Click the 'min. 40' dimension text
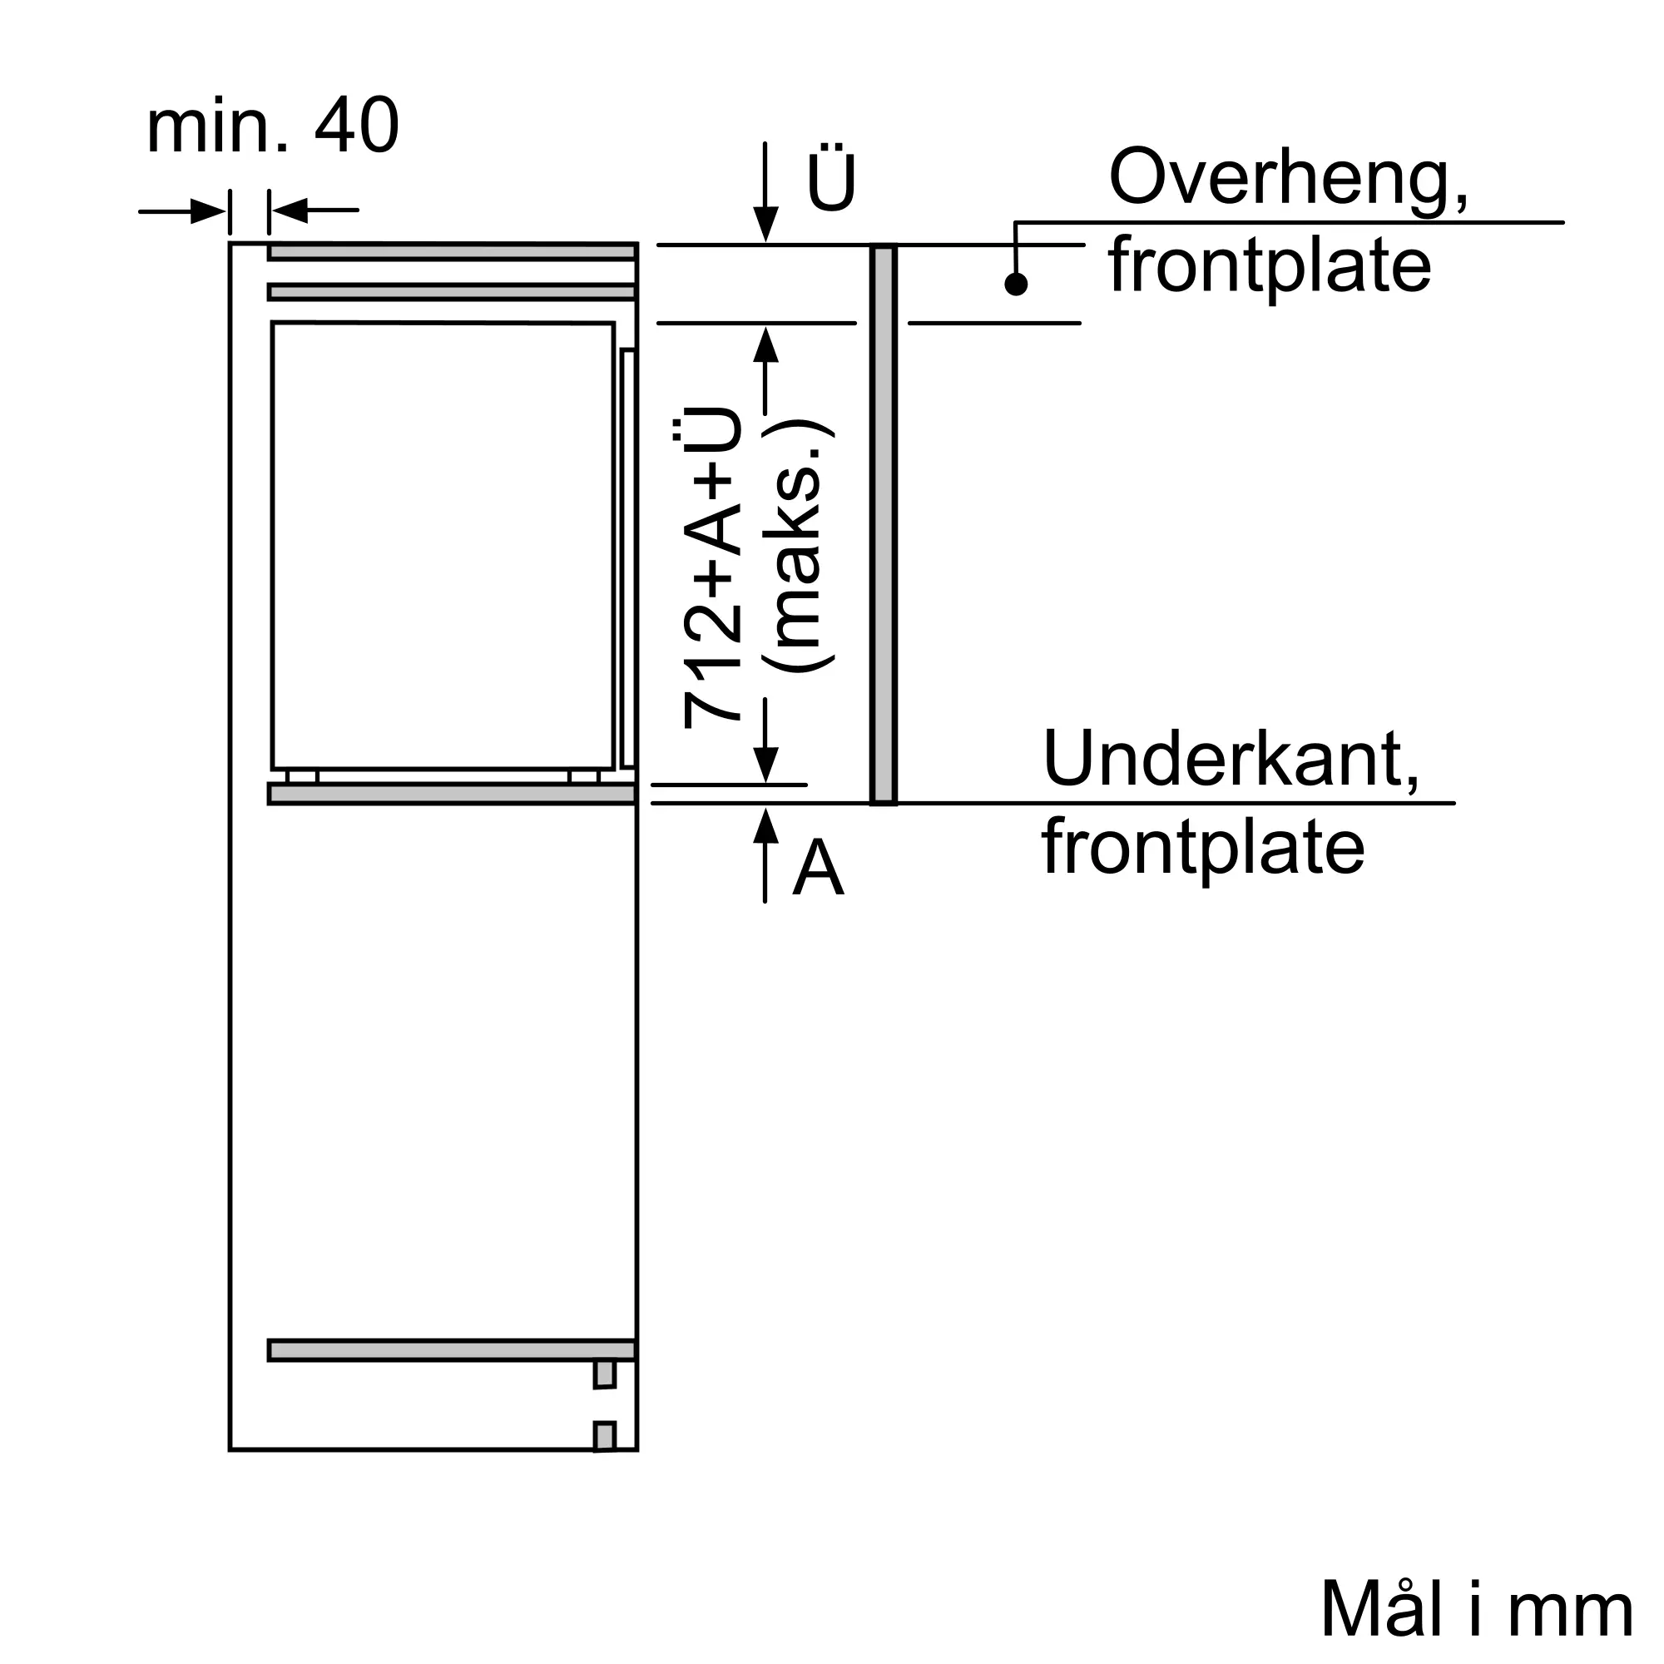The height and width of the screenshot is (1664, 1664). (x=272, y=126)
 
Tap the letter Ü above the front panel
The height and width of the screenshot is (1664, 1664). (x=831, y=183)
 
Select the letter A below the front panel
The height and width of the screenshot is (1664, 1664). (x=817, y=868)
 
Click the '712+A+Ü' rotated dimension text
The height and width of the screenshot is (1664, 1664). (x=712, y=568)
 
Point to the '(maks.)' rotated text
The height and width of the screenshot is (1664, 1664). (x=799, y=546)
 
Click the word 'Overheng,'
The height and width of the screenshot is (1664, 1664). (x=1288, y=178)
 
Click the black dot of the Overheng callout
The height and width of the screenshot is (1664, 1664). (x=1017, y=285)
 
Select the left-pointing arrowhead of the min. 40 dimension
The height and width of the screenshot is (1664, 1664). (x=290, y=210)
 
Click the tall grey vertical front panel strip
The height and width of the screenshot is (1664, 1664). (x=884, y=524)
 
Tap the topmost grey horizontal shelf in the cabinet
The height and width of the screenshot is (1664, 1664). (x=452, y=252)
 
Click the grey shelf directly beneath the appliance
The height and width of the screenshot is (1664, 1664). (x=452, y=794)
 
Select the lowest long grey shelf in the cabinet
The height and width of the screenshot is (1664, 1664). (x=452, y=1350)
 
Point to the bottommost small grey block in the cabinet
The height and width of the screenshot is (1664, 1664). (x=605, y=1437)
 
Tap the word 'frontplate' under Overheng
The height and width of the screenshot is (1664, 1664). (x=1270, y=266)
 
